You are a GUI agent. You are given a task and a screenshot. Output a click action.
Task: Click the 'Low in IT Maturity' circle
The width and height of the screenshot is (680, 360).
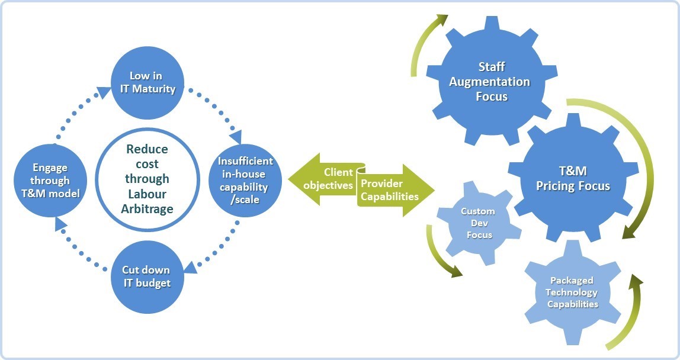coord(146,83)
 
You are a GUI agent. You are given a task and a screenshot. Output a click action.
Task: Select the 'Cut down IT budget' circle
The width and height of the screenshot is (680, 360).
coord(146,277)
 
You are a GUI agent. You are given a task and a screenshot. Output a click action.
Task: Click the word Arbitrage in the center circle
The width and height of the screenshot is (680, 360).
coord(147,208)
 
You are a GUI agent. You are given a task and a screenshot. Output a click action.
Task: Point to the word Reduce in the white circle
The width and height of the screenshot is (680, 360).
coord(147,149)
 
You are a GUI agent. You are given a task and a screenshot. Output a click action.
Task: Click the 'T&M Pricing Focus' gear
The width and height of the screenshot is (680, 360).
coord(572,178)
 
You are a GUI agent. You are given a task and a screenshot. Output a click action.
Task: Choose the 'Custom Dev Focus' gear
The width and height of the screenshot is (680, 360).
coord(479,223)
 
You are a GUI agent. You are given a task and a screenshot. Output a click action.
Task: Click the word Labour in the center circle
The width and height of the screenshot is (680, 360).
coord(147,194)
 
